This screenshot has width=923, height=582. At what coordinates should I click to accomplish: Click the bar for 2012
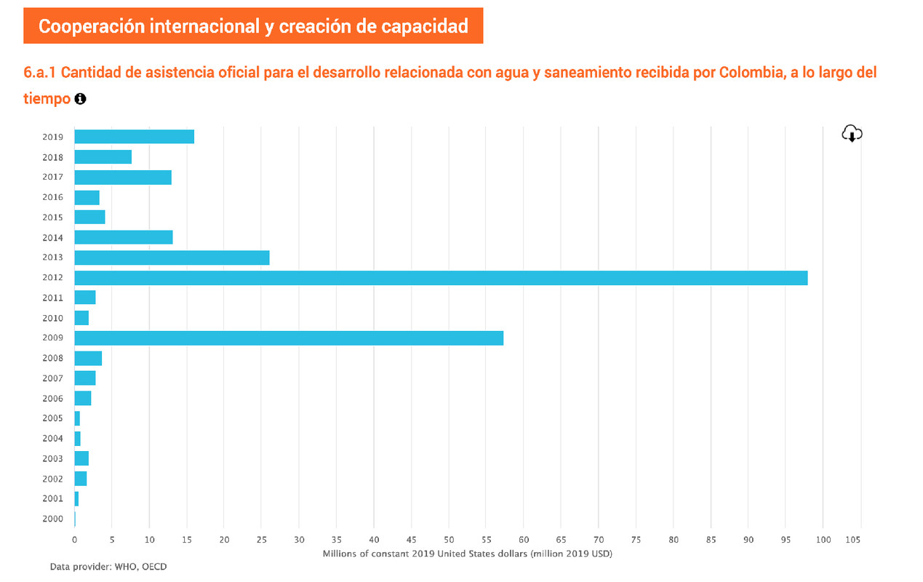click(441, 278)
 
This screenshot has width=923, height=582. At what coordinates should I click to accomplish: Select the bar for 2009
click(289, 338)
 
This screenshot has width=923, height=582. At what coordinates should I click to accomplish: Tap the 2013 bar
click(172, 258)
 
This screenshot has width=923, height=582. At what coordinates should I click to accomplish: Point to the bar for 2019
click(134, 137)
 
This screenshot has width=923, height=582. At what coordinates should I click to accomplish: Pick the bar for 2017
click(123, 178)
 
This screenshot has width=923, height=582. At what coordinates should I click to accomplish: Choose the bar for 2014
click(124, 237)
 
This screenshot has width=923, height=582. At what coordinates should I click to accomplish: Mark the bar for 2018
click(103, 157)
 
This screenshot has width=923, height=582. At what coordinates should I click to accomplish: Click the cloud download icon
click(852, 134)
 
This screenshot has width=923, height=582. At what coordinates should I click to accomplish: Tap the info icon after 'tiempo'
click(80, 99)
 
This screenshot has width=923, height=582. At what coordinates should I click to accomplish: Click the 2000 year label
click(53, 519)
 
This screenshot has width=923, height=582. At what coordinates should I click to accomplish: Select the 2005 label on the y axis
click(53, 419)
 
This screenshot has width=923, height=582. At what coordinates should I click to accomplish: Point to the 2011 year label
click(53, 298)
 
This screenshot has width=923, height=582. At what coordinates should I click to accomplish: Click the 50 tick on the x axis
click(449, 540)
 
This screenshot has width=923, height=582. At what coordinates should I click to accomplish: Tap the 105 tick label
click(853, 540)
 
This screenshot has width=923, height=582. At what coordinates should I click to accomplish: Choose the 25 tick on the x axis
click(261, 540)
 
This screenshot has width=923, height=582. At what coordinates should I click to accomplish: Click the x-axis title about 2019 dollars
click(467, 554)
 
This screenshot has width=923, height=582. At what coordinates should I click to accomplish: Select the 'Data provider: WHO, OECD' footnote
click(108, 566)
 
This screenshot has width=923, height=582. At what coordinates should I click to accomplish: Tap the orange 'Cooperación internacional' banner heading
click(253, 26)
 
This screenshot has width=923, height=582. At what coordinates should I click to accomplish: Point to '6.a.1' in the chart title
click(41, 73)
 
